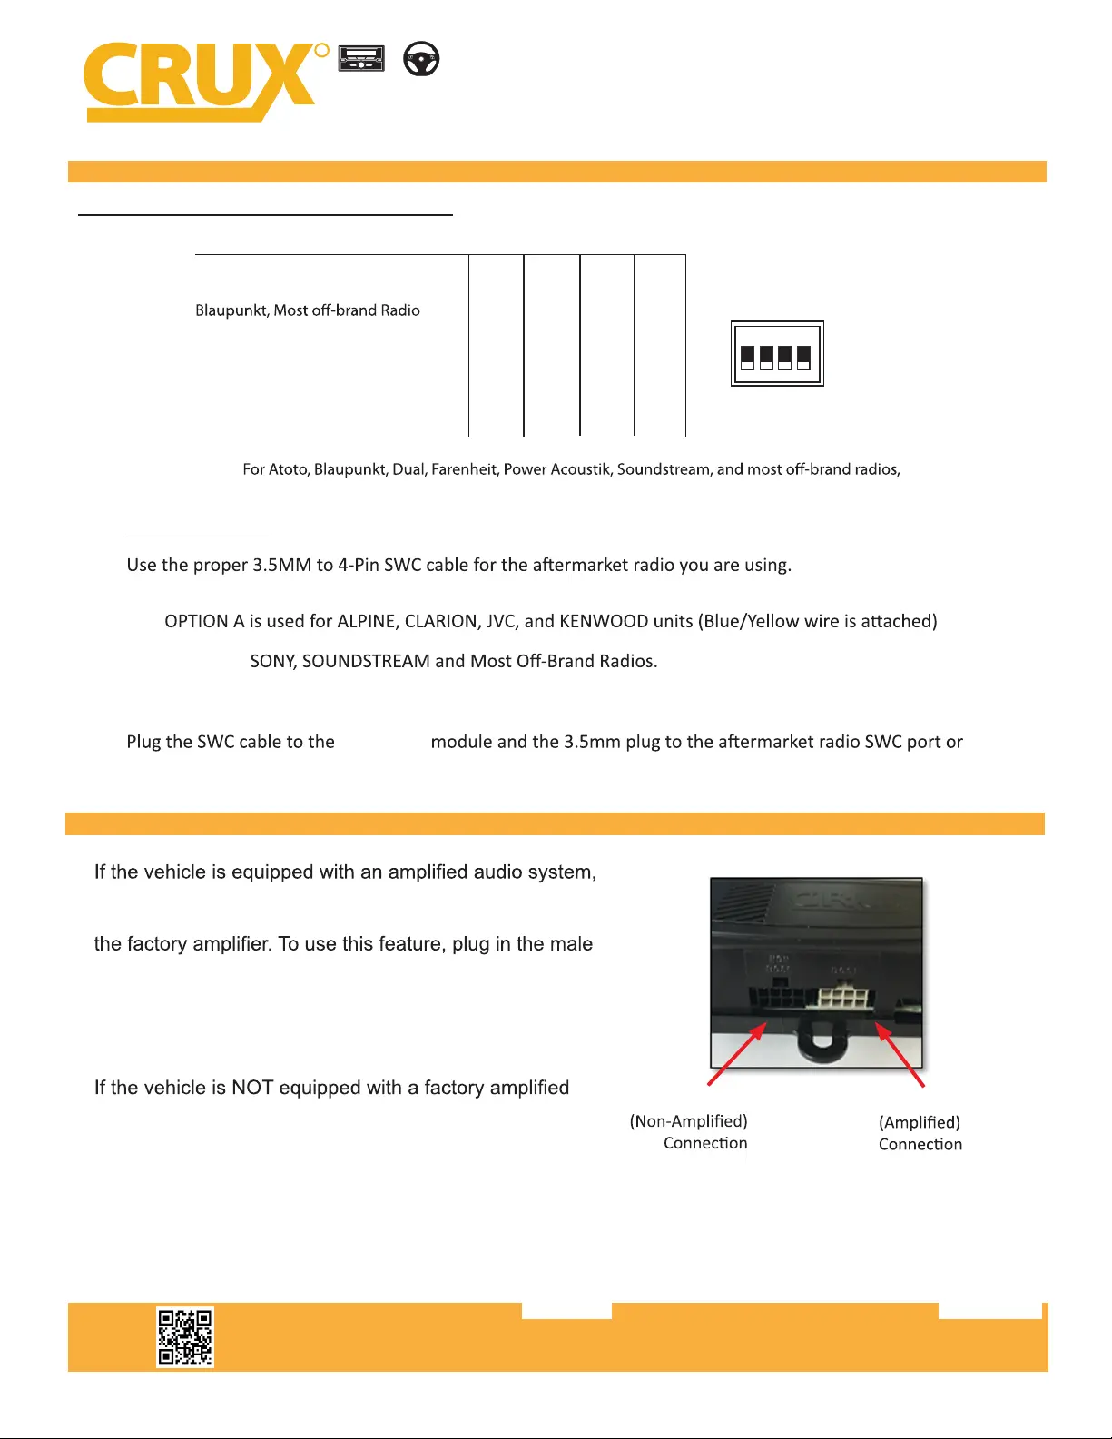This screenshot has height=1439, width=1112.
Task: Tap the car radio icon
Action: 361,58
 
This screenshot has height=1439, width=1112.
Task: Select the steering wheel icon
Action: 421,59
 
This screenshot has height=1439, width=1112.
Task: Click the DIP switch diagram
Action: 777,354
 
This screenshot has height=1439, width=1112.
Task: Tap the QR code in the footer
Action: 185,1336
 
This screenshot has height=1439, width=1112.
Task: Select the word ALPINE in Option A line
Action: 367,622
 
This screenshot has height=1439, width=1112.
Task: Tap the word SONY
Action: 272,662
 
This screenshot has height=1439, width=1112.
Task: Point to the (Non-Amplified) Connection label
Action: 690,1132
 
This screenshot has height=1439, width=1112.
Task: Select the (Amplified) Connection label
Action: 920,1133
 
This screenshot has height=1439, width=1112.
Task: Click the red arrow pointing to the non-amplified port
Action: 737,1054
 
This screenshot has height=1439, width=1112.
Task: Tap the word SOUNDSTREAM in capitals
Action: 366,662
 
